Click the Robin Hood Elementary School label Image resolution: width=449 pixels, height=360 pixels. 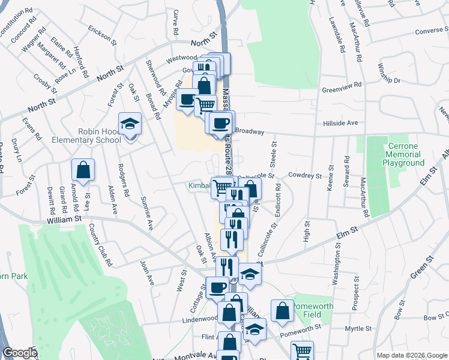(100, 136)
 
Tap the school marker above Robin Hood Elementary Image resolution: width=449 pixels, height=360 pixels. (130, 125)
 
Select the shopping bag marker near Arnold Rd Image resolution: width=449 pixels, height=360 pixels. (83, 170)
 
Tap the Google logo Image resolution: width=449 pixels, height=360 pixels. (19, 353)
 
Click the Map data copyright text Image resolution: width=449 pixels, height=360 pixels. (412, 355)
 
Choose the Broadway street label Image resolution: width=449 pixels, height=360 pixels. (250, 130)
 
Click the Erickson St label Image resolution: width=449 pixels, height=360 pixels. (101, 35)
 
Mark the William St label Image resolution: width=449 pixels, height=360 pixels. (64, 220)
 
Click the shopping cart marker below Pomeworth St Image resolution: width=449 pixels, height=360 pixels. (302, 351)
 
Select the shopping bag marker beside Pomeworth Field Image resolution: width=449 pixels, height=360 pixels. (282, 311)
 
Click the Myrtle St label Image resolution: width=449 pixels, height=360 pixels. (360, 329)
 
